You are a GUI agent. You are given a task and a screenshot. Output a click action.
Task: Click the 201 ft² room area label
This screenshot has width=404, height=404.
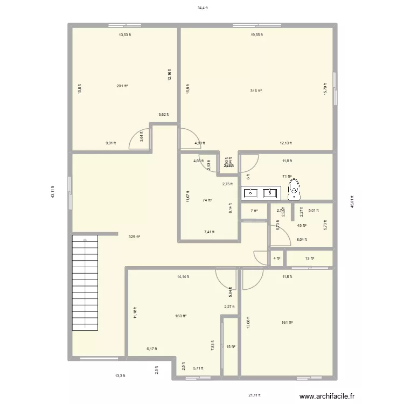tap(122, 86)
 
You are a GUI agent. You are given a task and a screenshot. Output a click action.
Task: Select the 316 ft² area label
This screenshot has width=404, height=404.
tap(256, 91)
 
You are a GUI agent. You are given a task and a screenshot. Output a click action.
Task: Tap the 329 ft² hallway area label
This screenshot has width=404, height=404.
tap(134, 236)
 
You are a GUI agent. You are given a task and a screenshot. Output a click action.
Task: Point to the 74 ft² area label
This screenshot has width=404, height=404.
tap(207, 200)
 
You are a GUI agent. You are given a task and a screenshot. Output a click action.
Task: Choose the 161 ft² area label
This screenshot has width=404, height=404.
tap(286, 323)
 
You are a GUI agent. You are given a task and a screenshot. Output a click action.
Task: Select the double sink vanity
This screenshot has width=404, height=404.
tap(261, 192)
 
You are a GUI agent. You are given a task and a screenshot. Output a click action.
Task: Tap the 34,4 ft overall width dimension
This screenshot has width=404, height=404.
tap(202, 8)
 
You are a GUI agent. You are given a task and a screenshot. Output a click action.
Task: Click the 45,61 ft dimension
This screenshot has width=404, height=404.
tap(352, 205)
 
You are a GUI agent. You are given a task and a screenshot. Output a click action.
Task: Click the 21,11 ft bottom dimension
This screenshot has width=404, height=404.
tap(254, 395)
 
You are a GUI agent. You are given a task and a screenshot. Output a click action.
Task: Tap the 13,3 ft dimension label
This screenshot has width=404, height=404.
tap(120, 376)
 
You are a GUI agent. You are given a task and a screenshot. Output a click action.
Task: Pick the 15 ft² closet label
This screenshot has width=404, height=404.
tap(231, 347)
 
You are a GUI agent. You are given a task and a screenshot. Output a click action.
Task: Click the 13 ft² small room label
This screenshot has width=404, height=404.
tap(309, 259)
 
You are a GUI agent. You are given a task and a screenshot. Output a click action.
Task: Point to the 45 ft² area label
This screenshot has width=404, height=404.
tap(301, 226)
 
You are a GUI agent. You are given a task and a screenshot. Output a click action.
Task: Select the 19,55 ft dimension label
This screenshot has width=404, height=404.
tap(256, 34)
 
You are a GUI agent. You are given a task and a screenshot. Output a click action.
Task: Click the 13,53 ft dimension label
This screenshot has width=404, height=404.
tap(125, 34)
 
